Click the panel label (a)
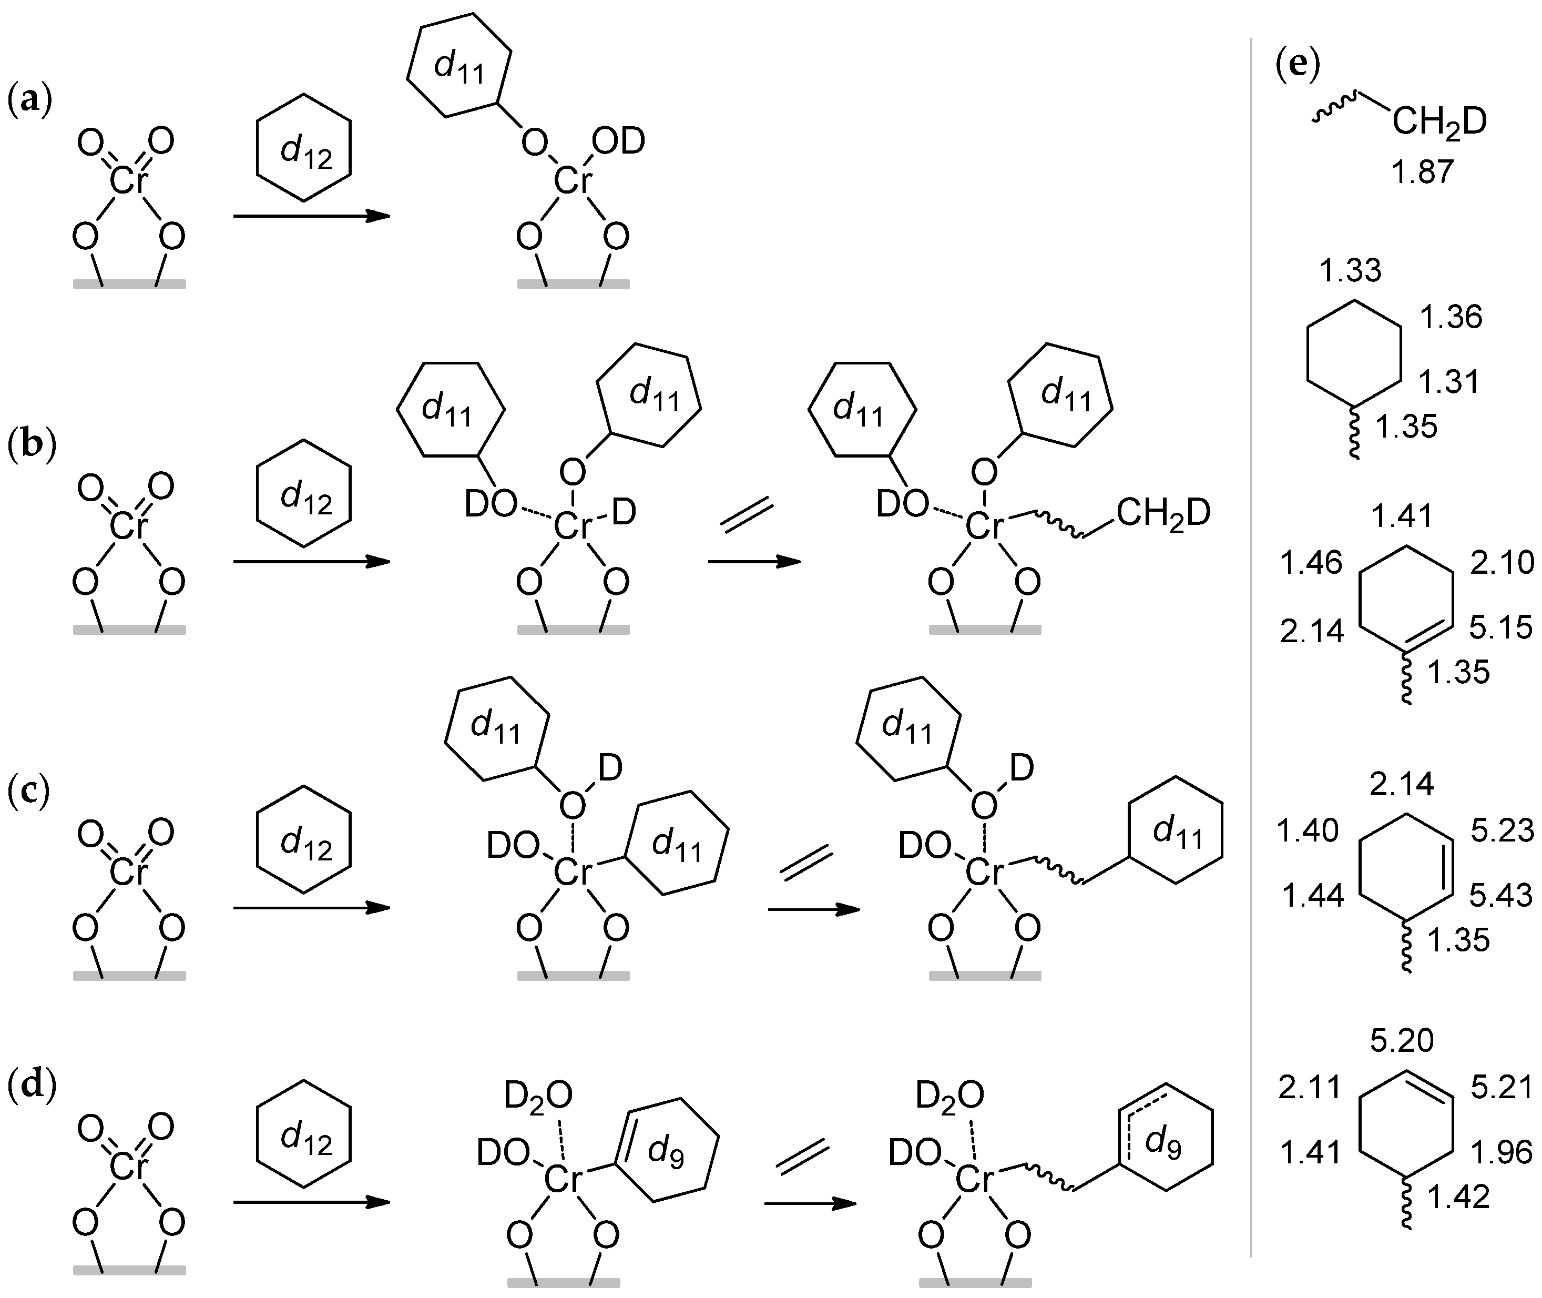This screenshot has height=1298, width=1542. tap(29, 101)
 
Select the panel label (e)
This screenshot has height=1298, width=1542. tap(1298, 65)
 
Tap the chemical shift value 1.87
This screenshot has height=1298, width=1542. tap(1422, 172)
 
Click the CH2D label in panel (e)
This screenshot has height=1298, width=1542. tap(1439, 122)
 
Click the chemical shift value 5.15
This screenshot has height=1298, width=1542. tap(1501, 627)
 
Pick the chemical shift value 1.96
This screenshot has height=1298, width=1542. tap(1501, 1152)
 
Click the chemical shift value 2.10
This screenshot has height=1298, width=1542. tap(1502, 563)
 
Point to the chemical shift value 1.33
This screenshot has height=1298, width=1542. tap(1350, 271)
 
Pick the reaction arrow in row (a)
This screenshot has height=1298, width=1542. tap(311, 216)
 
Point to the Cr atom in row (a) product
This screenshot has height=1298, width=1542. tap(573, 180)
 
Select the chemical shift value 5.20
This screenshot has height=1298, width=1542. tap(1402, 1040)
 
